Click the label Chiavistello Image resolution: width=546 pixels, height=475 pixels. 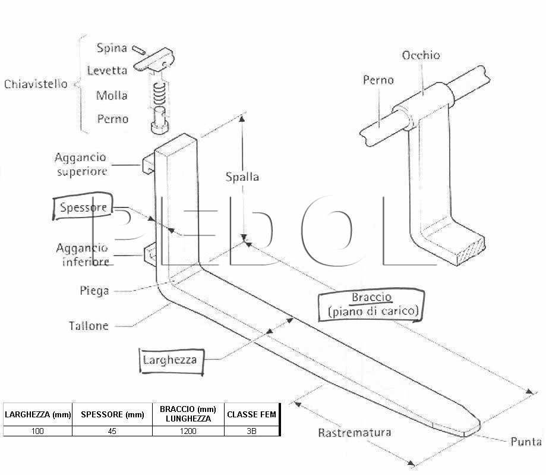point(36,84)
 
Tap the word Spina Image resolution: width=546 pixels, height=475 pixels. point(112,48)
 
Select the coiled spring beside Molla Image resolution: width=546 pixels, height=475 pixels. point(159,94)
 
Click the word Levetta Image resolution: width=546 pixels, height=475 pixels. point(107,70)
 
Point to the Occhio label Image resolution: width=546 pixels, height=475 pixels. point(421,55)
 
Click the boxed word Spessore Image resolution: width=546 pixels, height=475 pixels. point(83,207)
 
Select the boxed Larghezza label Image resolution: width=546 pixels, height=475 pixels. point(170,360)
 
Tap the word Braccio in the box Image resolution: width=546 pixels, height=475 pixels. point(371,297)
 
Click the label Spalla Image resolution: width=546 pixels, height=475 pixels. point(242,177)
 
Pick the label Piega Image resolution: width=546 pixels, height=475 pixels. point(94,291)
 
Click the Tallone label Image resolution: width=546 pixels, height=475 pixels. point(89,326)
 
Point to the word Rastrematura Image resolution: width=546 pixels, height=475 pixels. point(355,432)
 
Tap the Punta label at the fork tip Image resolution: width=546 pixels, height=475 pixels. point(526,442)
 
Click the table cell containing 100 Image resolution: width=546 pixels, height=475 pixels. point(37,431)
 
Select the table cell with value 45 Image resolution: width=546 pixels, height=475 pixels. point(112,431)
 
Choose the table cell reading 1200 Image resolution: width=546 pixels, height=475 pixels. point(188,431)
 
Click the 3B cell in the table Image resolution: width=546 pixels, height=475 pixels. point(251,431)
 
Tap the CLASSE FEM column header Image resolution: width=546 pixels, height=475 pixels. point(251,414)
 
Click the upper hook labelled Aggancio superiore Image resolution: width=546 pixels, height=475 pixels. point(149,163)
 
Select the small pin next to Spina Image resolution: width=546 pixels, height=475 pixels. point(138,50)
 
